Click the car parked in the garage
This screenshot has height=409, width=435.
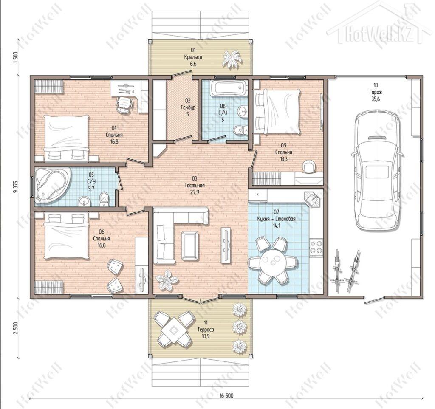pyautogui.click(x=377, y=170)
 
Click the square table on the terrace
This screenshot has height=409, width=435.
pyautogui.click(x=174, y=330)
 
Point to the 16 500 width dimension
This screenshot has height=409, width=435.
pyautogui.click(x=226, y=396)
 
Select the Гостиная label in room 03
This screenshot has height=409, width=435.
pyautogui.click(x=195, y=186)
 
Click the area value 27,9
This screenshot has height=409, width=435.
pyautogui.click(x=195, y=192)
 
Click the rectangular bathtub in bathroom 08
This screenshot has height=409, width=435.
pyautogui.click(x=228, y=88)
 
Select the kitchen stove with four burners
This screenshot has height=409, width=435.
pyautogui.click(x=316, y=246)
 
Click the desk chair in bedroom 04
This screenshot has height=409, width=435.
pyautogui.click(x=124, y=104)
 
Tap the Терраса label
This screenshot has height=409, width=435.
pyautogui.click(x=206, y=330)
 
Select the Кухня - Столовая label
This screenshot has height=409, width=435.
pyautogui.click(x=276, y=219)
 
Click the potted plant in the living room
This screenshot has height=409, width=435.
pyautogui.click(x=166, y=280)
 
